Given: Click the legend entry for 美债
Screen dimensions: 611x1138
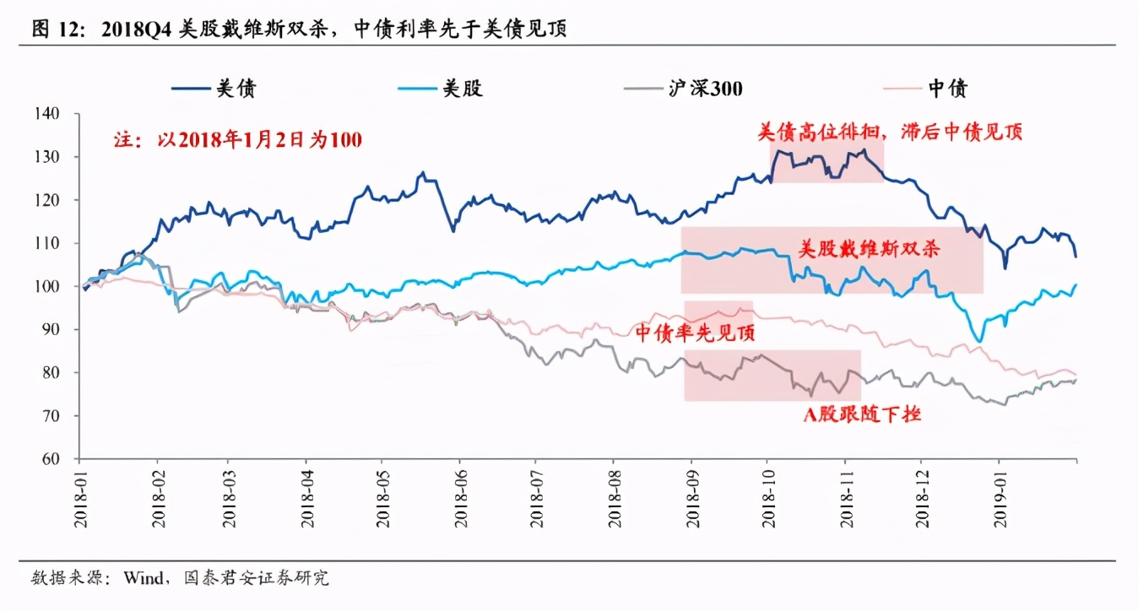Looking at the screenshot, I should click(214, 88).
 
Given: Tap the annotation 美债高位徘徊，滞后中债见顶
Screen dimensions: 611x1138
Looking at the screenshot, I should click(890, 132).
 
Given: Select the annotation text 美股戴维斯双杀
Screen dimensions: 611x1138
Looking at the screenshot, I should click(870, 249).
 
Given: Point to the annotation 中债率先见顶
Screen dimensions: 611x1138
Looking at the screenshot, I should click(694, 333).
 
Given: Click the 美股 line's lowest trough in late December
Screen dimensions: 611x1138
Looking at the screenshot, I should click(978, 341).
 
